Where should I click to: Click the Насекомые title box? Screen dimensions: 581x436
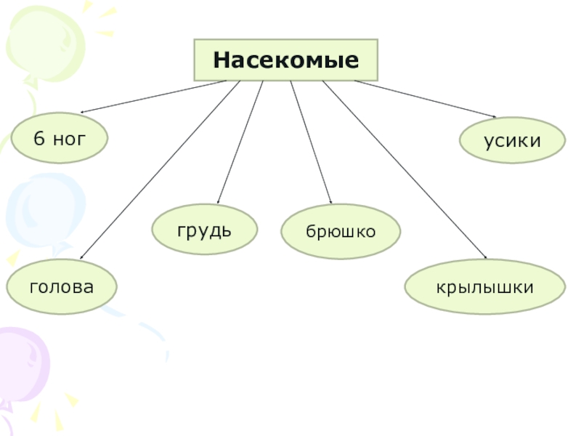pos(286,60)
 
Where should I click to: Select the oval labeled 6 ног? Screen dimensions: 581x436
pos(60,137)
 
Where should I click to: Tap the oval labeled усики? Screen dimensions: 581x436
pos(513,140)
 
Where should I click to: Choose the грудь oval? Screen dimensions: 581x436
pos(204,230)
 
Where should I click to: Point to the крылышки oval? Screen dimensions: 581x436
pos(484,288)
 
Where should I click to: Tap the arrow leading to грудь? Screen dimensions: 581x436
pos(240,142)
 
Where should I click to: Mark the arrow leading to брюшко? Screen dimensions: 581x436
pos(311,142)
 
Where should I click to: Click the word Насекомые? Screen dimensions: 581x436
pos(286,60)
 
